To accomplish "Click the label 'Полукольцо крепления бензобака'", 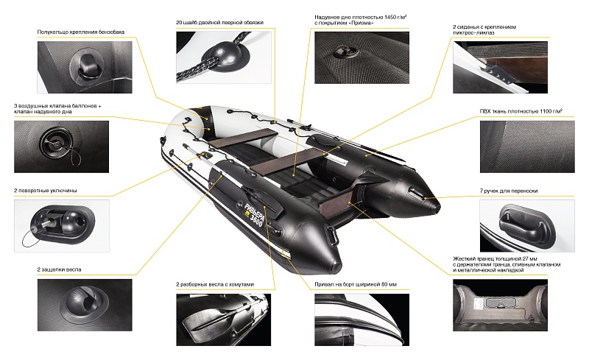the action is pyautogui.click(x=81, y=32).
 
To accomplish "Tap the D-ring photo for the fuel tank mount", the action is pyautogui.click(x=85, y=67).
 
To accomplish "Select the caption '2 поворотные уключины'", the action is pyautogui.click(x=46, y=191).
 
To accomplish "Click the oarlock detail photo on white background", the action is pyautogui.click(x=62, y=226).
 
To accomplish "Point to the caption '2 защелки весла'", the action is pyautogui.click(x=59, y=269).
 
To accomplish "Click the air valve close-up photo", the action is pyautogui.click(x=61, y=147).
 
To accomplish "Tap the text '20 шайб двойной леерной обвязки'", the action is pyautogui.click(x=219, y=23).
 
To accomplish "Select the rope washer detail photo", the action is pyautogui.click(x=224, y=57).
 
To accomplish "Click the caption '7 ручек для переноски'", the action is pyautogui.click(x=509, y=191).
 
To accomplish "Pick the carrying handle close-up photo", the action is pyautogui.click(x=527, y=226).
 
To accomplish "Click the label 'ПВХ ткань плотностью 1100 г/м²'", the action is pyautogui.click(x=521, y=111).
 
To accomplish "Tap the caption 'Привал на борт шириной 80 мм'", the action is pyautogui.click(x=356, y=284).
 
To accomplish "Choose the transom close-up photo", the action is pyautogui.click(x=500, y=305).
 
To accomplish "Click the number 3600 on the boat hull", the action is pyautogui.click(x=256, y=218).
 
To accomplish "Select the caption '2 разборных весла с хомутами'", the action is pyautogui.click(x=215, y=284).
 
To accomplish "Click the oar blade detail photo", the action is pyautogui.click(x=224, y=320).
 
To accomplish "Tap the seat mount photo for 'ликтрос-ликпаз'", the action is pyautogui.click(x=500, y=68).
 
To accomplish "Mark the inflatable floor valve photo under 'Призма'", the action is pyautogui.click(x=361, y=57).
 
